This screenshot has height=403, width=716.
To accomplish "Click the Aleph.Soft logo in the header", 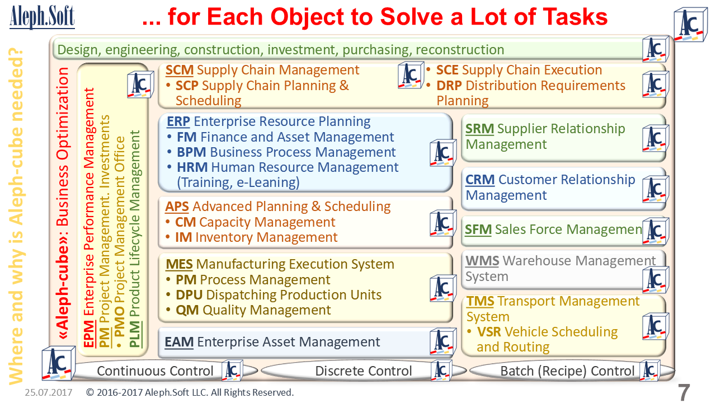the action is click(x=42, y=17).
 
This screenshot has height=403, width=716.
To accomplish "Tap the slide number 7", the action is click(x=684, y=392).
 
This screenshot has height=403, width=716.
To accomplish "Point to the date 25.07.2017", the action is click(x=49, y=392).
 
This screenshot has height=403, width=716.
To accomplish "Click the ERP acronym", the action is click(x=178, y=121).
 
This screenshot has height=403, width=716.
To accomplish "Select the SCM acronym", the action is click(x=180, y=70).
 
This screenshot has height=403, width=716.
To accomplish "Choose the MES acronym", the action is click(x=179, y=265).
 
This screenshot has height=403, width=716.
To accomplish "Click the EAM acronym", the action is click(x=179, y=342).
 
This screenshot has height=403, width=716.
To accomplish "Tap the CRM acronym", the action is click(x=480, y=180).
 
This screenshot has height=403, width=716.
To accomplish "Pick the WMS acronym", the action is click(x=482, y=261).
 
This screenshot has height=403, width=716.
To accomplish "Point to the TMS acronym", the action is click(x=480, y=301).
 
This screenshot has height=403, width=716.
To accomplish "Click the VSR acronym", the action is click(x=489, y=332).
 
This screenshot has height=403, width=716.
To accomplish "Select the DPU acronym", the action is click(x=189, y=295).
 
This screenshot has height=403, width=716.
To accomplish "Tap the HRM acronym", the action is click(x=192, y=167).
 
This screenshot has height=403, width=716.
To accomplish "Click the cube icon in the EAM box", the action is click(x=443, y=341).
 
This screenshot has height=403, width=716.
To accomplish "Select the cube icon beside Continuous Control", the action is click(x=232, y=371).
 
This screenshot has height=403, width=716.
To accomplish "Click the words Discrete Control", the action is click(x=364, y=371).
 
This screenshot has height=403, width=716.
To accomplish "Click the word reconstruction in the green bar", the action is click(x=460, y=50).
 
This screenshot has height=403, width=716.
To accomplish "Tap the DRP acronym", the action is click(x=449, y=86).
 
